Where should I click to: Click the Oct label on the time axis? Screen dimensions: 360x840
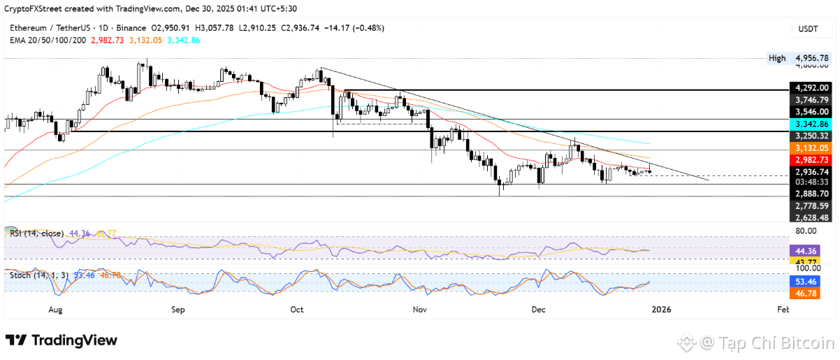(x=296, y=308)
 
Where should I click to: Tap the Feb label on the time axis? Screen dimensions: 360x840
(x=783, y=308)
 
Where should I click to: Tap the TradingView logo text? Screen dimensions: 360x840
(x=62, y=340)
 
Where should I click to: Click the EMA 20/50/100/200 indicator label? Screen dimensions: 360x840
(x=48, y=40)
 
